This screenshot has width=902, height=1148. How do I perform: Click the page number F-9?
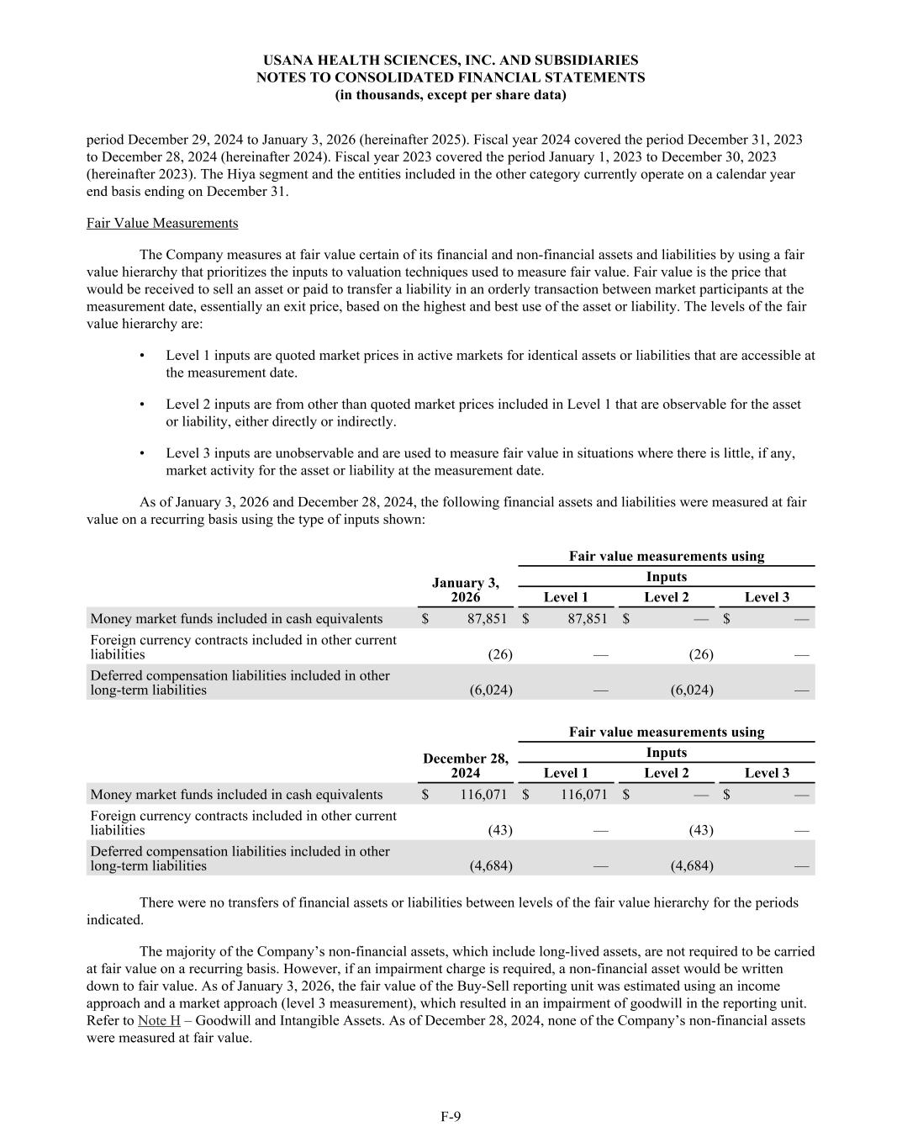pos(451,1116)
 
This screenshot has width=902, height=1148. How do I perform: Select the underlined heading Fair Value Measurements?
pos(162,223)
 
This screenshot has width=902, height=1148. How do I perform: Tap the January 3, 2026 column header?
pos(465,590)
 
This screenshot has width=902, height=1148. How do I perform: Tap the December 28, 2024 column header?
pos(465,765)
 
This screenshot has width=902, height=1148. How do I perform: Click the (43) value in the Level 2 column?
pos(700,830)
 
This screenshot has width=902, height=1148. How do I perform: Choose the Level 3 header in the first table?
pos(767,597)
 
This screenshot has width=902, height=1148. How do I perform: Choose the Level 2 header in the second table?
pos(666,773)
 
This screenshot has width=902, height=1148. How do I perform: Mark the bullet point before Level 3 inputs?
pos(141,453)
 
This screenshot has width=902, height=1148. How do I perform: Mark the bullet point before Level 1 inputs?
pos(141,356)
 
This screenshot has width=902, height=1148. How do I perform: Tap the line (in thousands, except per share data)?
pos(451,95)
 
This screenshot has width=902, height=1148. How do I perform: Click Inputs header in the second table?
pos(666,752)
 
